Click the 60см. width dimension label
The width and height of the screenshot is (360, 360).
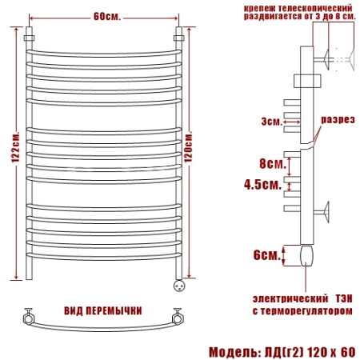click(x=107, y=17)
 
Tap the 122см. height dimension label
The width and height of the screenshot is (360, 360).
click(x=15, y=146)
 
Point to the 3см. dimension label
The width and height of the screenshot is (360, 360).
click(x=271, y=122)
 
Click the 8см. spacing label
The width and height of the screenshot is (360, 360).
click(x=272, y=163)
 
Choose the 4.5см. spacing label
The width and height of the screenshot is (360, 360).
click(x=262, y=184)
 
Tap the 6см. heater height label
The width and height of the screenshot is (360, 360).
click(x=266, y=255)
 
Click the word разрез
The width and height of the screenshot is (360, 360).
click(x=338, y=119)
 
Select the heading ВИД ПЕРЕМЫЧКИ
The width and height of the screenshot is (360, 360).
click(x=103, y=310)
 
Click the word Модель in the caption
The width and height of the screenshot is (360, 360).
click(x=234, y=352)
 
